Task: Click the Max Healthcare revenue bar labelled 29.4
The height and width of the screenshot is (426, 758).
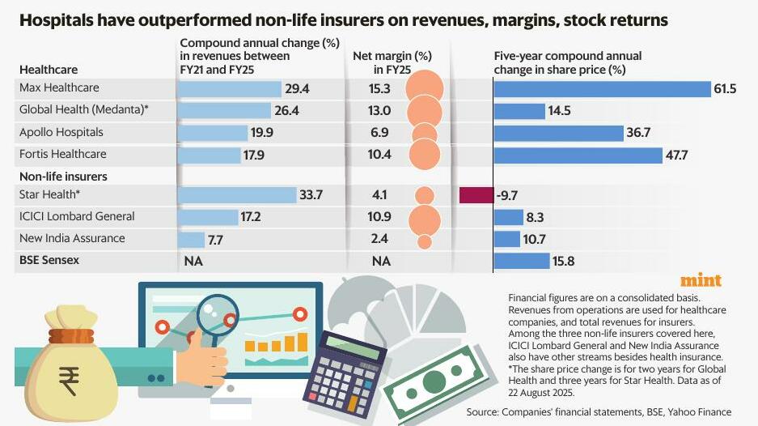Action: click(229, 88)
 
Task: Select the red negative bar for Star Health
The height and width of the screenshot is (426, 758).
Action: click(476, 195)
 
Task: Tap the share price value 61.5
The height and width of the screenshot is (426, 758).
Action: click(725, 88)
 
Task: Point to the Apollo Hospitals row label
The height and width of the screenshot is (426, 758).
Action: click(61, 132)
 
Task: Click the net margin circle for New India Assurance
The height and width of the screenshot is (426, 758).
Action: click(424, 241)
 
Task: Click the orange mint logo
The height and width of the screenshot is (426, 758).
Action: click(701, 280)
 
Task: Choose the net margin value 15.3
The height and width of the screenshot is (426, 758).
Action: click(380, 88)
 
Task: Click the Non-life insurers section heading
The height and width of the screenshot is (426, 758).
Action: click(63, 176)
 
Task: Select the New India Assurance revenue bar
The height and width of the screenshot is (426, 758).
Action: click(191, 239)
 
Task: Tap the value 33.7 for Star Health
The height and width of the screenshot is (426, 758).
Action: click(311, 195)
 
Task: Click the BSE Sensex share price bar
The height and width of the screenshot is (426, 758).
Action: click(521, 261)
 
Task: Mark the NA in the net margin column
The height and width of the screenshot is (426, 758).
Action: click(380, 261)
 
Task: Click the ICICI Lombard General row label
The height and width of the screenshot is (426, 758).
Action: click(77, 216)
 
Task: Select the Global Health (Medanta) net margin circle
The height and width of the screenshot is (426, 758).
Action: click(424, 110)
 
